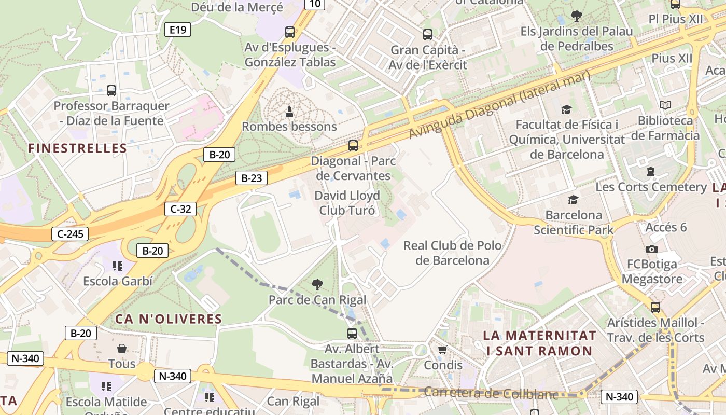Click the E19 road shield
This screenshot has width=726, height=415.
177,30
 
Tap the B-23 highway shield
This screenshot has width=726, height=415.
252,178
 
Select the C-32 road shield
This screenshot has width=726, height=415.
180,209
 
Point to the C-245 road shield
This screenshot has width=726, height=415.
70,234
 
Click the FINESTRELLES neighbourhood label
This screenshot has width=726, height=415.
78,148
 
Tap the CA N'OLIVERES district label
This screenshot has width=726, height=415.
169,319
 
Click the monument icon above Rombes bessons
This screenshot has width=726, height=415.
289,111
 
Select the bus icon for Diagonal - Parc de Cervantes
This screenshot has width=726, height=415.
353,146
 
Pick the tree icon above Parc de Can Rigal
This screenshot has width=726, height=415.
317,284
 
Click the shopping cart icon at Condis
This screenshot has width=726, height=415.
442,350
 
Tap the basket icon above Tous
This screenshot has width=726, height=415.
122,349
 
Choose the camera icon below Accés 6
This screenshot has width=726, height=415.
652,249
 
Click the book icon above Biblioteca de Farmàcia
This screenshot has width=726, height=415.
665,105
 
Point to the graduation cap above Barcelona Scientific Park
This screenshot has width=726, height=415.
573,200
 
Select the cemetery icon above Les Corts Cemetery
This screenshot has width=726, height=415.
651,172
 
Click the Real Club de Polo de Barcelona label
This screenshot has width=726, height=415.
452,253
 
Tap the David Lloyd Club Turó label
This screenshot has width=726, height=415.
347,203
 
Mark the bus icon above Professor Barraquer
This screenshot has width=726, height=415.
111,91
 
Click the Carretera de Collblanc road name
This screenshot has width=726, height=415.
491,393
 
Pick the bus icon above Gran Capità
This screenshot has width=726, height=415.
428,35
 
